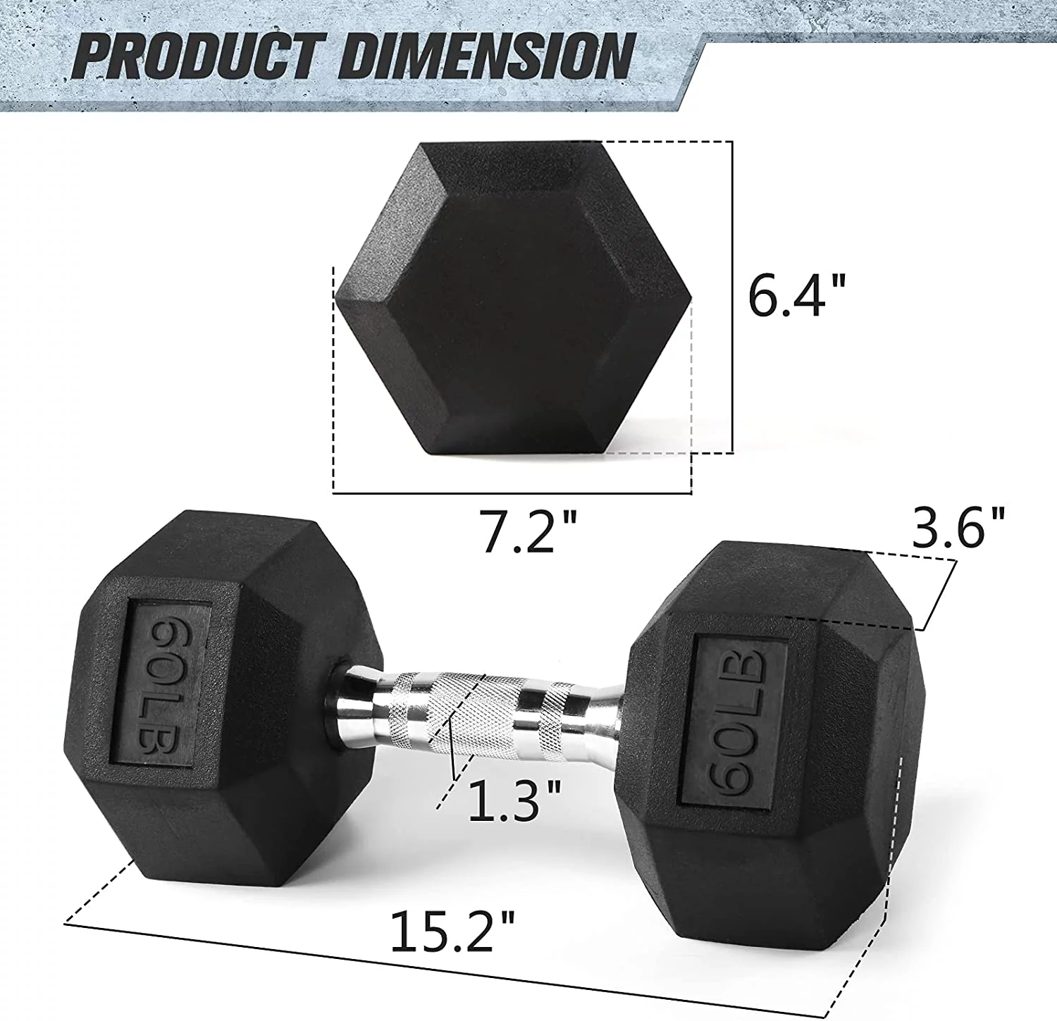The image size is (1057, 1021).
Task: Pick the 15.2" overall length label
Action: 452,930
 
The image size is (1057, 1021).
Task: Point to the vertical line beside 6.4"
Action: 733,296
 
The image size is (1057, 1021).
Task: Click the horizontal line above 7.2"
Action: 512,493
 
